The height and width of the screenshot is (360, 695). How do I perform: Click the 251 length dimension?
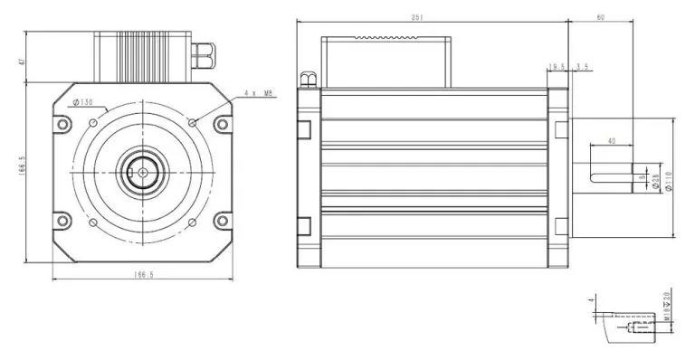[x=443, y=17]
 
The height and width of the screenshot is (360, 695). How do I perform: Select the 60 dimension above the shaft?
[x=600, y=17]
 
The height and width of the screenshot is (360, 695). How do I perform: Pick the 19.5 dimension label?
[x=557, y=67]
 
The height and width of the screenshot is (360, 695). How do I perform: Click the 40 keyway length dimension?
[x=612, y=141]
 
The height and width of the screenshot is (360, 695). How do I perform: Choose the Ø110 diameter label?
[x=670, y=183]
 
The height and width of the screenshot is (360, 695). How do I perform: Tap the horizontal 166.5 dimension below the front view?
[x=143, y=275]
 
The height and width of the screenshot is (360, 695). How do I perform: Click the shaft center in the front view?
[x=143, y=171]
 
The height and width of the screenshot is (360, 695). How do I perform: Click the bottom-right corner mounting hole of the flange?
[x=223, y=219]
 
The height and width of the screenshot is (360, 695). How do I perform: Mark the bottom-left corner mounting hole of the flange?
[x=62, y=219]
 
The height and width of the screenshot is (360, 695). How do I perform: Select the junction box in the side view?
[x=386, y=62]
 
